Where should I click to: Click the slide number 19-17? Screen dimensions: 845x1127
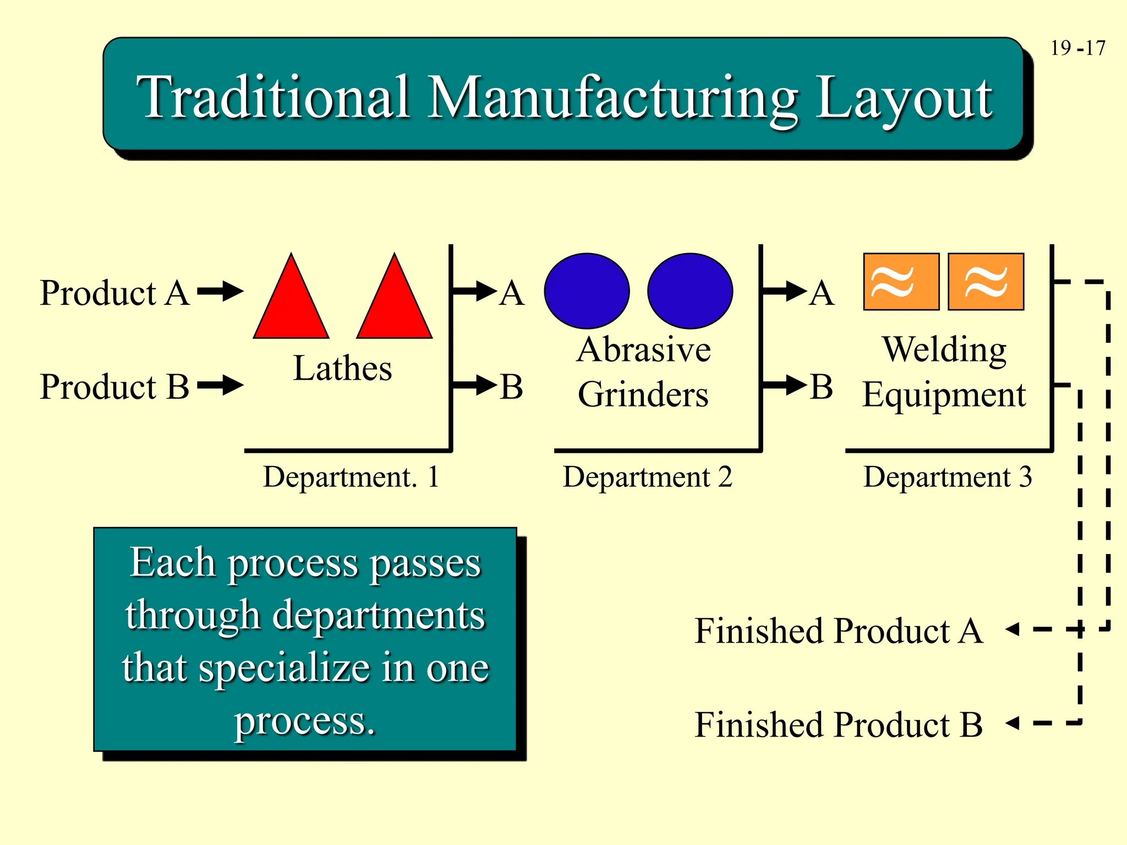pos(1077,48)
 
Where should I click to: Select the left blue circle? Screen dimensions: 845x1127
pos(587,291)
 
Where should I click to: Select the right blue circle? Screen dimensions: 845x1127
pos(690,291)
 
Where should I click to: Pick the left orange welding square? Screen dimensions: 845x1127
pos(901,282)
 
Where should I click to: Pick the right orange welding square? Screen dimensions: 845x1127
pos(986,282)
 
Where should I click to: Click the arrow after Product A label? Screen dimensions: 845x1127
pos(220,291)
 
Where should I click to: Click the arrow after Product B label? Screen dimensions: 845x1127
pos(220,385)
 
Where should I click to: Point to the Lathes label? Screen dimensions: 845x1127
pos(342,368)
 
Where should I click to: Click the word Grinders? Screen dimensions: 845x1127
pos(643,394)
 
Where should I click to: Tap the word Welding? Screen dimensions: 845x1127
pos(944,350)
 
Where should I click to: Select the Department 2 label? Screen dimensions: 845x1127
pos(647,477)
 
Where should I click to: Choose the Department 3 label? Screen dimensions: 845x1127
pos(947,477)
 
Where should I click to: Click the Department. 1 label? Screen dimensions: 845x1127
pos(351,477)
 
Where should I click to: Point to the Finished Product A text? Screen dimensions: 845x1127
pos(838,630)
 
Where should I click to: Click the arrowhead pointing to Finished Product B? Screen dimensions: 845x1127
pos(1013,722)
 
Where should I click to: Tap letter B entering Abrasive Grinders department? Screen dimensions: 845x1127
pos(511,387)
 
